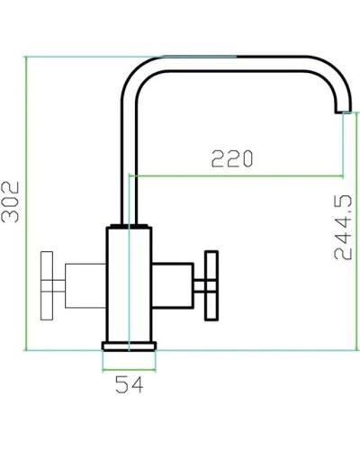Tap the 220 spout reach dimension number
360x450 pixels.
(x=231, y=159)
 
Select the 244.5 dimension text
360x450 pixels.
(x=342, y=230)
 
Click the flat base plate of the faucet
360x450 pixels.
(x=130, y=346)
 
